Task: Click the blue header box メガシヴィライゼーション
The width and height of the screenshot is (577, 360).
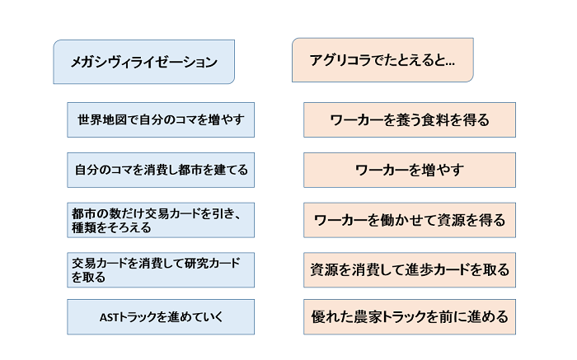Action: (x=144, y=62)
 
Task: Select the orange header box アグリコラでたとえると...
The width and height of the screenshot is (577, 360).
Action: (x=382, y=60)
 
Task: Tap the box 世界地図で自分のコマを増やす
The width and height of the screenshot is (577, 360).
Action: (x=161, y=120)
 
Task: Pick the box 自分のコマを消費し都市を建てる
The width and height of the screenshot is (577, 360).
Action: (x=161, y=170)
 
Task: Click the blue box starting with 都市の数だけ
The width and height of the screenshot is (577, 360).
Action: (x=161, y=220)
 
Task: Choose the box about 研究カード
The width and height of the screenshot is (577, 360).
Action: (x=161, y=270)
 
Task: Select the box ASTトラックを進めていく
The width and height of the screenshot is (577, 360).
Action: (x=161, y=317)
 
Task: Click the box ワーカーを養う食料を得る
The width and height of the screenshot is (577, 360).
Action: (x=410, y=120)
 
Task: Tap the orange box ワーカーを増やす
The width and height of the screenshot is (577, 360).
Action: (x=410, y=170)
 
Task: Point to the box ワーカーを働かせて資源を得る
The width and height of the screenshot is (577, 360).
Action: (x=410, y=220)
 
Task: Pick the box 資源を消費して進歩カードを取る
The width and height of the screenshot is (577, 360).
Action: (x=410, y=270)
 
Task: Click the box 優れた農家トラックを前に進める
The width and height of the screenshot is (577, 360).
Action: (x=410, y=317)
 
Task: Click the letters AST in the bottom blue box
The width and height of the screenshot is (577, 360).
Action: (x=110, y=317)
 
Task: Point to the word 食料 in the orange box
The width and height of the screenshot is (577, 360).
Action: (x=436, y=120)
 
